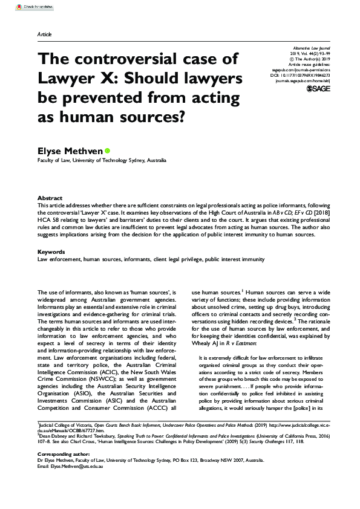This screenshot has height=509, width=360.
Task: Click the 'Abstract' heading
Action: [x=49, y=198]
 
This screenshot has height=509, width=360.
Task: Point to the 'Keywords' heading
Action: [x=51, y=251]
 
